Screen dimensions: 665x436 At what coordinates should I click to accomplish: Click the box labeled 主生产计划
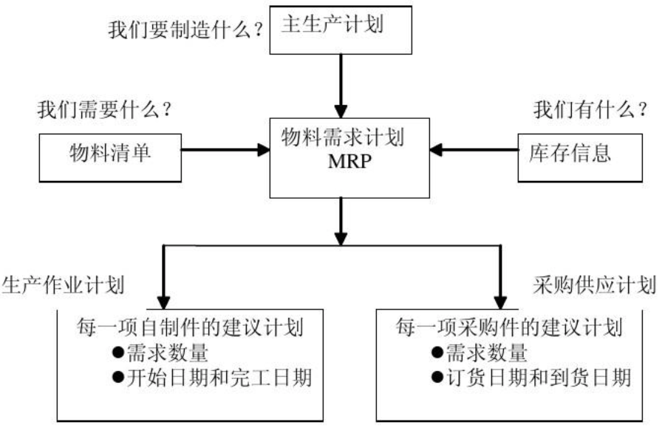pos(341,30)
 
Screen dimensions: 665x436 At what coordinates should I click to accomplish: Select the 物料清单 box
pos(110,158)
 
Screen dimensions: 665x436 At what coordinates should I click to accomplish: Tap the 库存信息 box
pos(580,158)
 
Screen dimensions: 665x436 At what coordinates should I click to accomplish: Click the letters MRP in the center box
pos(349,162)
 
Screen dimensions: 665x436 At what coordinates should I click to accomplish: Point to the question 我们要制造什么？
pos(185,30)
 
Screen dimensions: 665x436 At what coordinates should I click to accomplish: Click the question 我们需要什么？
pos(104,110)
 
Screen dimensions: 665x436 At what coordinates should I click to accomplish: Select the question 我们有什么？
pos(590,110)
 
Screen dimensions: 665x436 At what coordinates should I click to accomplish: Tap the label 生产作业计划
pos(64,285)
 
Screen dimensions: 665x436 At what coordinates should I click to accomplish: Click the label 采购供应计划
pos(595,285)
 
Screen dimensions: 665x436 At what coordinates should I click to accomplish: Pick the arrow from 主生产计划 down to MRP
pos(341,86)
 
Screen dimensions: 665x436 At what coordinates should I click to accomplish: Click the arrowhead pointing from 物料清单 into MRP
pos(264,150)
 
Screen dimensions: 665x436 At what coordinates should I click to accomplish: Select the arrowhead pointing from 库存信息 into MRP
pos(436,150)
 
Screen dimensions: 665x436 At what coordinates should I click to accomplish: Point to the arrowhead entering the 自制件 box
pos(164,302)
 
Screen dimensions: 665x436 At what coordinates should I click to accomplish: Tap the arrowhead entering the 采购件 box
pos(501,302)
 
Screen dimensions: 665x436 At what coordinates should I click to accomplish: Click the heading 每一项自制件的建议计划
pos(190,327)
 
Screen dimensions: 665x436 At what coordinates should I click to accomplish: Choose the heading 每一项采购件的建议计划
pos(509,327)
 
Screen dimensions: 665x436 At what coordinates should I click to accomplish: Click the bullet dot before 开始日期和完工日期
pos(118,377)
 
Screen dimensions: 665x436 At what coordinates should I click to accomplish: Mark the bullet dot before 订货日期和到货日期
pos(437,377)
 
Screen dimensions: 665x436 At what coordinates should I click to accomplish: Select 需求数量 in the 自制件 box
pos(168,353)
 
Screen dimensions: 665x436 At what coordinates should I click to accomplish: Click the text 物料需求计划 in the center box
pos(343,137)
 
